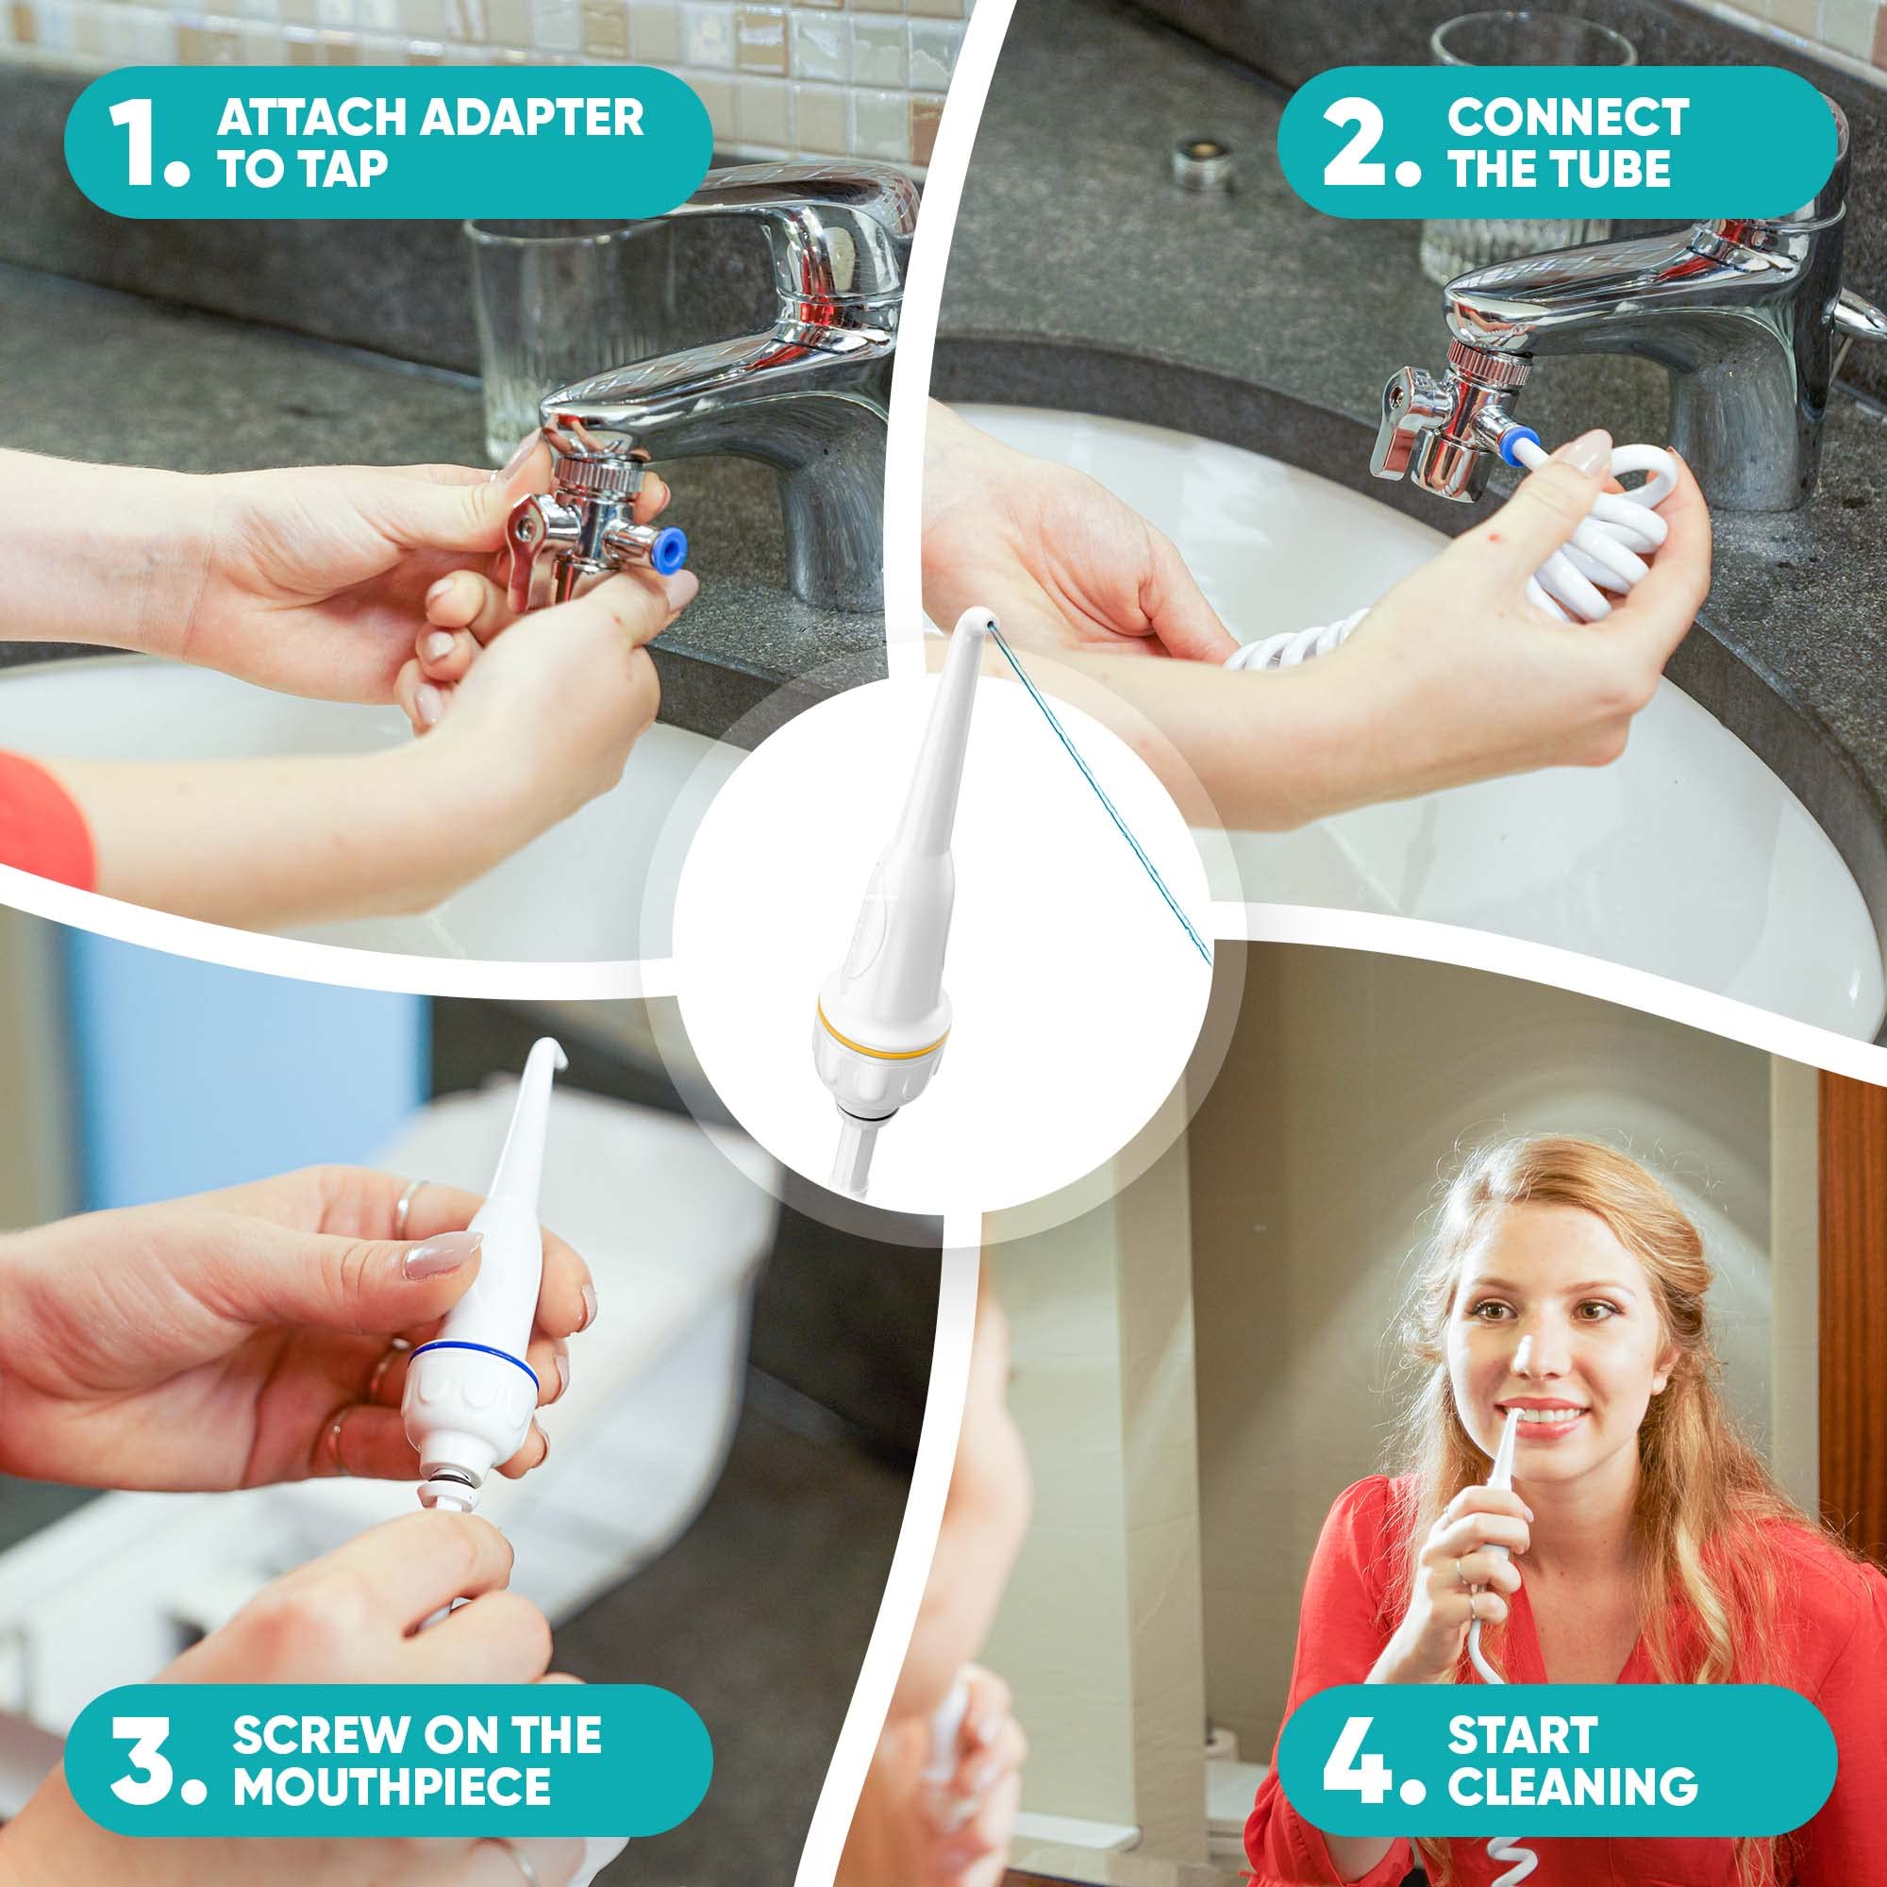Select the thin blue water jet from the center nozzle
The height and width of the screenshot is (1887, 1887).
1098,797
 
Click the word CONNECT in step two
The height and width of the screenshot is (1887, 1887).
1567,117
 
